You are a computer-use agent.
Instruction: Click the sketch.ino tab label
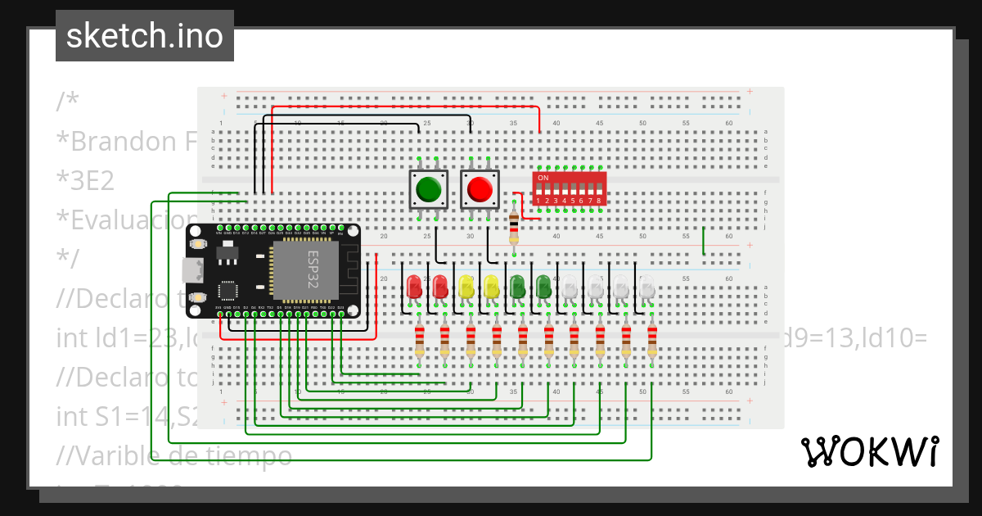(x=144, y=36)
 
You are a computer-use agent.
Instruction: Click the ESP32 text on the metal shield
(x=313, y=269)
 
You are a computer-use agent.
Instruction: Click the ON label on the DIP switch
(x=543, y=178)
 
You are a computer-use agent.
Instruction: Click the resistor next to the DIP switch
(x=514, y=224)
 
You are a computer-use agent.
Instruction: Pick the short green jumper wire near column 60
(x=703, y=240)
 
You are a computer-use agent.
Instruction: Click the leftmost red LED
(x=415, y=286)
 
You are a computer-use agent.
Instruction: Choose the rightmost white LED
(x=646, y=286)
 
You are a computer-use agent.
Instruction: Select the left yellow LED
(x=466, y=286)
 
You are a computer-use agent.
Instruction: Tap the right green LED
(x=543, y=286)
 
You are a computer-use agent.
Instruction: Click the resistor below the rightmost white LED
(x=652, y=342)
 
